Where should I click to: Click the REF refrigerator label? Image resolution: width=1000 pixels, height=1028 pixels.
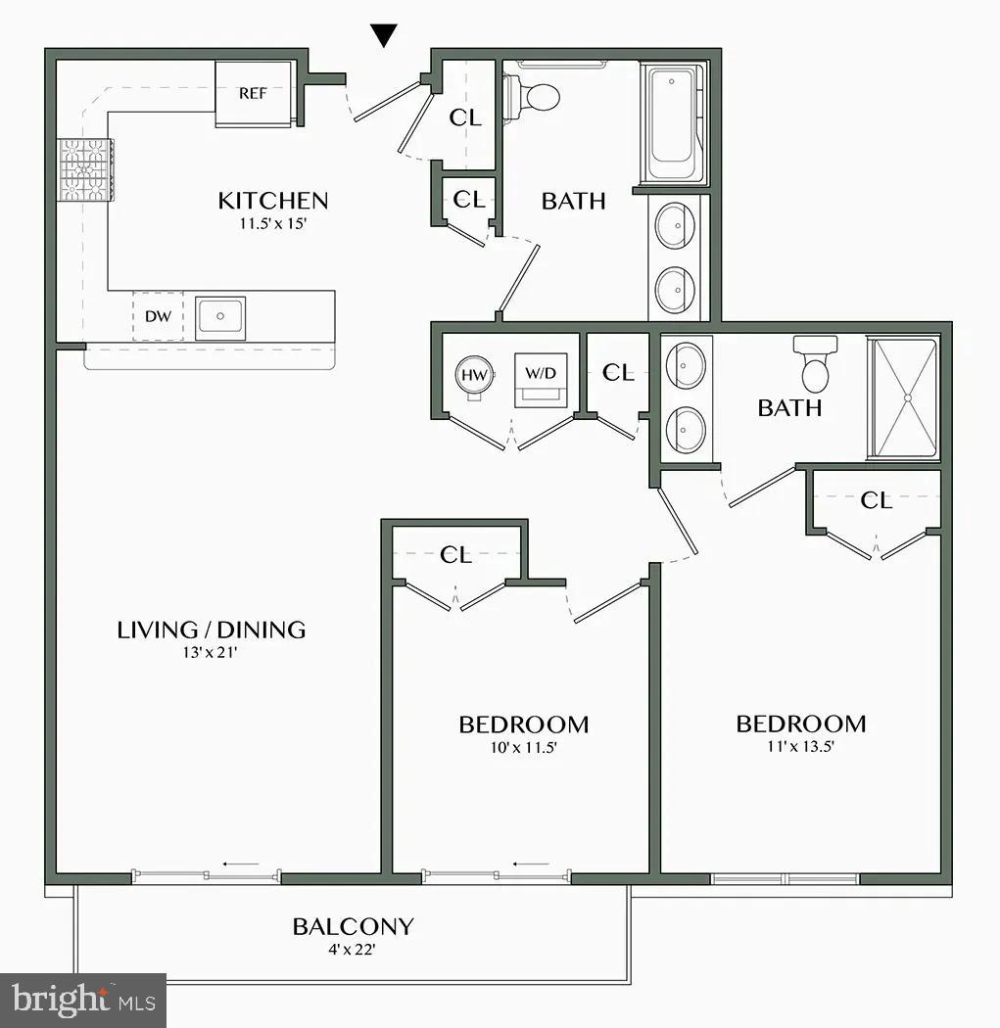coord(254,94)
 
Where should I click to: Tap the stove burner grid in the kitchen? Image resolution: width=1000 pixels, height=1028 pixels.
coord(85,169)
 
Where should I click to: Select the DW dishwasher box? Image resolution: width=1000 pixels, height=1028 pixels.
coord(158,316)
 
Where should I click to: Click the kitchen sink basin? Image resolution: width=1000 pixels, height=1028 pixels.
coord(220,316)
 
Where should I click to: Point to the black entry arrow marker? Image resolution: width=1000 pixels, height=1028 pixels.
coord(385,36)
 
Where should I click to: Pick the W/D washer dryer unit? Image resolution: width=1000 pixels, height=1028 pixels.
coord(540,378)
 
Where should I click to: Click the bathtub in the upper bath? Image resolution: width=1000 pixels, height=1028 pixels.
coord(674,125)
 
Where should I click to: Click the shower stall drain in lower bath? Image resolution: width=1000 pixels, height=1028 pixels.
coord(907,397)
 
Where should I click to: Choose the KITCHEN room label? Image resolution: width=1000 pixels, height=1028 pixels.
coord(272,201)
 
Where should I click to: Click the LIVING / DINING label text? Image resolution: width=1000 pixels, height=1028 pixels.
coord(212,630)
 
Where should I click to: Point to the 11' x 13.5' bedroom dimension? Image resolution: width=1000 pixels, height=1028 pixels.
coord(801,746)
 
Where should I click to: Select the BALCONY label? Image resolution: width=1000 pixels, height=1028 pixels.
coord(353,926)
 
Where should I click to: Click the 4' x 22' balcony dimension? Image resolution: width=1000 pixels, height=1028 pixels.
coord(353,949)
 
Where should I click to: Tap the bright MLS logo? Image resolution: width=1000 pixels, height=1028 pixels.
coord(82,1001)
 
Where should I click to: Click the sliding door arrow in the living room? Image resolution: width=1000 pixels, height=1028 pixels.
coord(240,864)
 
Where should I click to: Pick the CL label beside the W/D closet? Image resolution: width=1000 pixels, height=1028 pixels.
coord(618,373)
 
